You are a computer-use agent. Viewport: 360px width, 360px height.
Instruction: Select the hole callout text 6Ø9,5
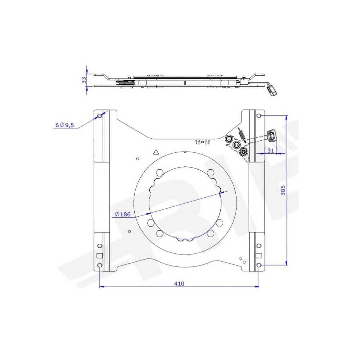pos(64,125)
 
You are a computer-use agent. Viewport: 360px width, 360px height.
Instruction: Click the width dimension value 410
pos(179,284)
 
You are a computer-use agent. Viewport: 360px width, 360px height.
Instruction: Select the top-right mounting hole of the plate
pos(259,116)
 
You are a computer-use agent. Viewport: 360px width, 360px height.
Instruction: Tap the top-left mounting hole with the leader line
pos(100,116)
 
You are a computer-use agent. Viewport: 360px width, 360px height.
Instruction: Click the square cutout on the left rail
pos(100,256)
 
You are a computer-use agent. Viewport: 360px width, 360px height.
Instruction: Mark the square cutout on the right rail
pos(258,256)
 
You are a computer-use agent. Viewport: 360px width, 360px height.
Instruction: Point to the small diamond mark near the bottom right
pos(240,258)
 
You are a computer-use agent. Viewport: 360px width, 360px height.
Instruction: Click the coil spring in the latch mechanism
pos(242,136)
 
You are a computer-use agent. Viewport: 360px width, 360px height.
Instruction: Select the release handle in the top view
pos(272,136)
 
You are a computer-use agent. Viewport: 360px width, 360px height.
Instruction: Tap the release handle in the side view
pos(273,90)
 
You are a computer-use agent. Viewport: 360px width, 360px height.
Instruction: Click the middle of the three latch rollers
pos(237,145)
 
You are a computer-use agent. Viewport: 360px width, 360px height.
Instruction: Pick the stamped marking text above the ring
pos(202,142)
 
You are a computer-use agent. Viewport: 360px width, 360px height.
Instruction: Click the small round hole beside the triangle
pos(138,159)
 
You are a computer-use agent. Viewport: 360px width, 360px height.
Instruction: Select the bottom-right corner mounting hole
pos(259,265)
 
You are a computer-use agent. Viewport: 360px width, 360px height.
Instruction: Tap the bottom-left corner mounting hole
pos(100,265)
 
